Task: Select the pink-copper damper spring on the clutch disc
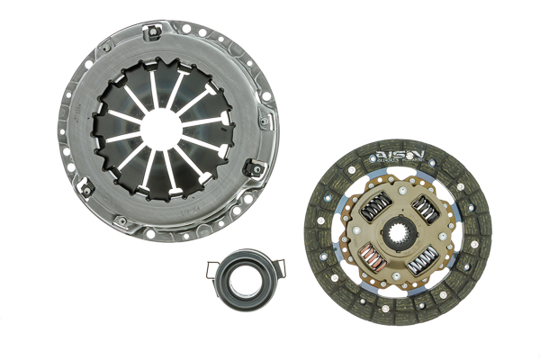point(374,260)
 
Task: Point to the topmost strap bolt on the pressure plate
point(156,34)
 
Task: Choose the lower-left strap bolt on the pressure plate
point(89,187)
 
